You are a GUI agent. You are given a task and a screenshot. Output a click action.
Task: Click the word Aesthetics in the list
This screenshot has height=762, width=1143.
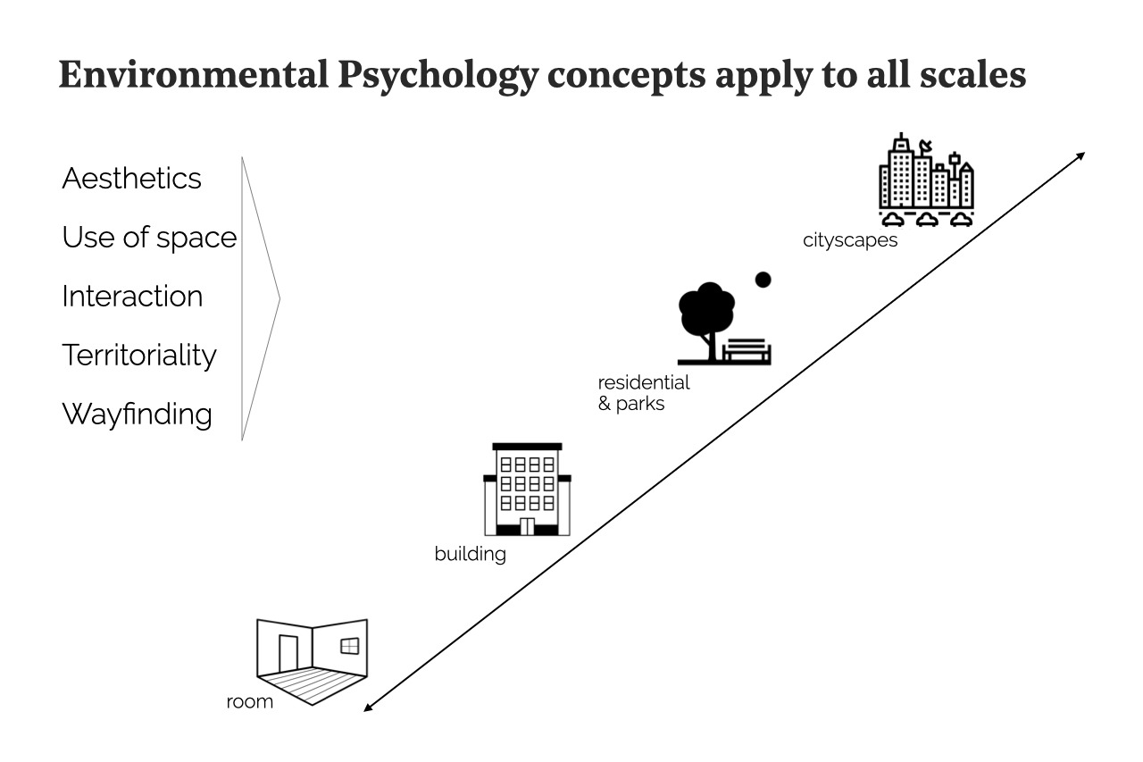pyautogui.click(x=131, y=178)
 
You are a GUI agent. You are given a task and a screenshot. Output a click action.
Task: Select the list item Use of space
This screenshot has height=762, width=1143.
pyautogui.click(x=149, y=238)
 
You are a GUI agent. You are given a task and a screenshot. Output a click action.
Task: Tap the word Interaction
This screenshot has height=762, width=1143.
pyautogui.click(x=132, y=297)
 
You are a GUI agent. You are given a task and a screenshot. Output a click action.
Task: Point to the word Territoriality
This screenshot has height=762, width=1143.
pyautogui.click(x=139, y=356)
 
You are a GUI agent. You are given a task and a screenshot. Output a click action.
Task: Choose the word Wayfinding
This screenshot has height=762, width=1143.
pyautogui.click(x=137, y=414)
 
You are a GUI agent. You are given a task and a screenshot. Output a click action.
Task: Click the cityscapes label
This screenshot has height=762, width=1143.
pyautogui.click(x=849, y=240)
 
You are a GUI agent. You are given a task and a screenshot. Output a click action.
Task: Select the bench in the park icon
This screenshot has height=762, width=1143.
pyautogui.click(x=747, y=351)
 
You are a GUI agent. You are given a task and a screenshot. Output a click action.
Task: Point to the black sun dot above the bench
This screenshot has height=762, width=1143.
pyautogui.click(x=763, y=280)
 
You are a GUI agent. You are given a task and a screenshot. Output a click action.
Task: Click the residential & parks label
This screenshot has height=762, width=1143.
pyautogui.click(x=643, y=393)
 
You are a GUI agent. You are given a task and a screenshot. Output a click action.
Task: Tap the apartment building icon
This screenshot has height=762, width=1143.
pyautogui.click(x=527, y=490)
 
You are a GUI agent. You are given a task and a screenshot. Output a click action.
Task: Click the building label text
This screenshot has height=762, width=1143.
pyautogui.click(x=470, y=554)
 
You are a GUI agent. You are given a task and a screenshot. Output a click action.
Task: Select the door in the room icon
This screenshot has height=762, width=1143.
pyautogui.click(x=288, y=653)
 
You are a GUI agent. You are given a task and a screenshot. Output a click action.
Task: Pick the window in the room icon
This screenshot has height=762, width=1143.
pyautogui.click(x=349, y=645)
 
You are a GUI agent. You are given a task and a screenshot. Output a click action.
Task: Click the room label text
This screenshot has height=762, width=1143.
pyautogui.click(x=249, y=702)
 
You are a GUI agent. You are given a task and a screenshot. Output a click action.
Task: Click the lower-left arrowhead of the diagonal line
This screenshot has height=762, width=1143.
pyautogui.click(x=368, y=708)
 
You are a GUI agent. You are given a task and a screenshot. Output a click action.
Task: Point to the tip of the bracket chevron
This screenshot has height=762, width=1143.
pyautogui.click(x=279, y=298)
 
